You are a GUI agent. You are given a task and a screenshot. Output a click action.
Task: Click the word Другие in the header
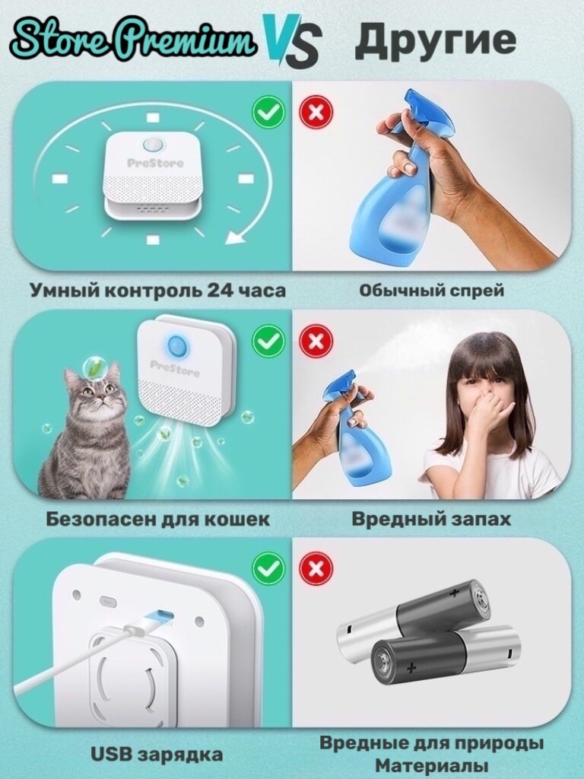click(x=436, y=41)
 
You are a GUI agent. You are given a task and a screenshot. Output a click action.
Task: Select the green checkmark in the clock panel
click(x=268, y=113)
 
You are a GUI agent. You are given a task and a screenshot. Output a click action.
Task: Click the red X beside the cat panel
click(x=316, y=341)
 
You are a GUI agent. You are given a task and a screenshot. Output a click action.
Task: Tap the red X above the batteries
click(x=316, y=568)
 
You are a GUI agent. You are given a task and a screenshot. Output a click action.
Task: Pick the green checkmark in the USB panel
click(x=268, y=568)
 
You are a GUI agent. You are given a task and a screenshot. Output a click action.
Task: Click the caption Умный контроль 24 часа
click(x=158, y=291)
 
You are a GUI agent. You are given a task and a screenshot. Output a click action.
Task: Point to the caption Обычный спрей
click(x=432, y=291)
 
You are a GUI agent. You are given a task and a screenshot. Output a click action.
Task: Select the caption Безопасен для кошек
click(x=158, y=519)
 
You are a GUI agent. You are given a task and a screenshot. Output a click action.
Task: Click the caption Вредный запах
click(x=431, y=519)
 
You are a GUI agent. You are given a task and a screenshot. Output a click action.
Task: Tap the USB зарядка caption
click(x=157, y=754)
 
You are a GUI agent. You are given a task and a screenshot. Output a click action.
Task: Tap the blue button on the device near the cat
click(x=176, y=345)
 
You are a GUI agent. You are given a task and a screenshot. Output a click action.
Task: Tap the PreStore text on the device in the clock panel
click(x=155, y=163)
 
